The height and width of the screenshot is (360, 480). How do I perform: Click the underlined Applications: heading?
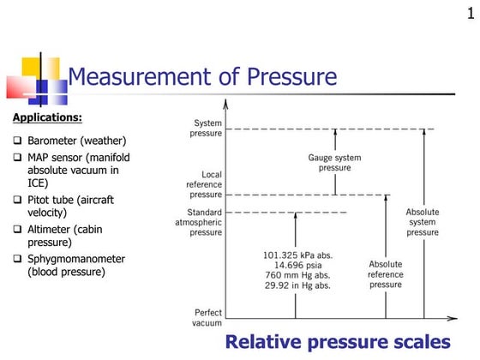coord(47,117)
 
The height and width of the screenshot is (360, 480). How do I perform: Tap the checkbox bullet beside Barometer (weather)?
coord(19,141)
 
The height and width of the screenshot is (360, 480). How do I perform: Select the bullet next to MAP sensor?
coord(19,158)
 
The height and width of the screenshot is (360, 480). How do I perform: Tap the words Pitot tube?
coord(57,200)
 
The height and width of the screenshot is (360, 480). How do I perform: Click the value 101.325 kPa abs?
coord(296,255)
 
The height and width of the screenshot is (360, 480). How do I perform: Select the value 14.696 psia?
coord(296,266)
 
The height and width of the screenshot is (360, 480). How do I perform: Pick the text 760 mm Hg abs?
coord(296,276)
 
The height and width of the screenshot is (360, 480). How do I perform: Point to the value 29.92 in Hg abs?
coord(296,286)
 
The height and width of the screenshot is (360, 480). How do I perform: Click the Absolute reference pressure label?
coord(386,274)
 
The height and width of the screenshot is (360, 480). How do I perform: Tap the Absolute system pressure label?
coord(423,221)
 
